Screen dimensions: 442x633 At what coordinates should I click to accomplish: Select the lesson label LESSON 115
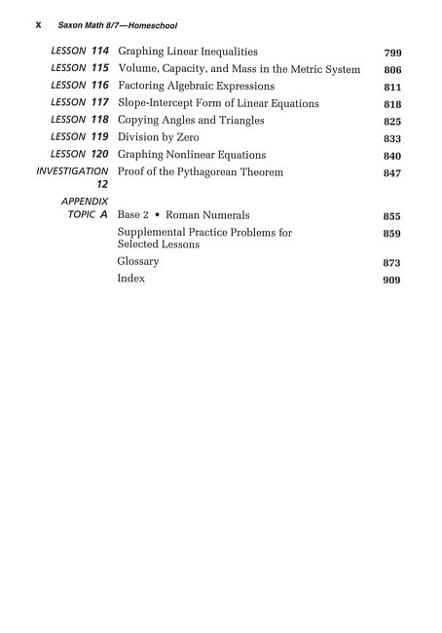[x=80, y=69]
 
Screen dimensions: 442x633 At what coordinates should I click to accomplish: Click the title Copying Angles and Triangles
[x=190, y=121]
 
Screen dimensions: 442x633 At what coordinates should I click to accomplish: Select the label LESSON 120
[x=80, y=155]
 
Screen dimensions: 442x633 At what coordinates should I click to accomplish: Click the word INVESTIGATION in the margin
[x=72, y=171]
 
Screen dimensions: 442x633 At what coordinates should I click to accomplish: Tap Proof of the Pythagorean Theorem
[x=200, y=172]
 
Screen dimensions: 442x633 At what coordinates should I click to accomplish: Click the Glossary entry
[x=138, y=262]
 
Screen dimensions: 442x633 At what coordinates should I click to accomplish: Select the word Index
[x=130, y=279]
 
